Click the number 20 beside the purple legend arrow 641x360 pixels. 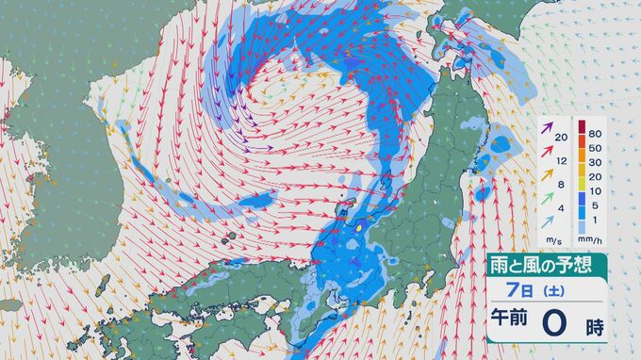point(562,139)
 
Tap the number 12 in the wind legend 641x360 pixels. point(562,160)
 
